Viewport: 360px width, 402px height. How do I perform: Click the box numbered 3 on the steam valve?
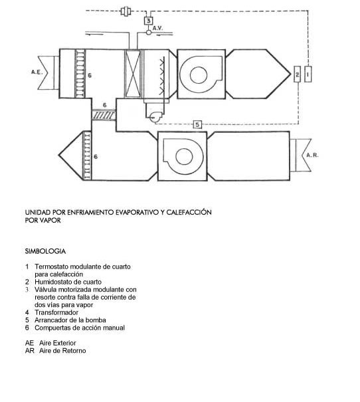pyautogui.click(x=148, y=21)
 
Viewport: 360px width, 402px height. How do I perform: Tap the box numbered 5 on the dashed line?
pyautogui.click(x=197, y=124)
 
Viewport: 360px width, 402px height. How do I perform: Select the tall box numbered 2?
pyautogui.click(x=297, y=74)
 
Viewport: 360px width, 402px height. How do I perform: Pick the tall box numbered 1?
pyautogui.click(x=308, y=74)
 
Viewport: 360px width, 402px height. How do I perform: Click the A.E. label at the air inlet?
pyautogui.click(x=37, y=72)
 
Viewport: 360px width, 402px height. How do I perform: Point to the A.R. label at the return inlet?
pyautogui.click(x=312, y=155)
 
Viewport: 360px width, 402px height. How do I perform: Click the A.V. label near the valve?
pyautogui.click(x=158, y=28)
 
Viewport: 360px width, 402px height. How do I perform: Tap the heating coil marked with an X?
pyautogui.click(x=133, y=74)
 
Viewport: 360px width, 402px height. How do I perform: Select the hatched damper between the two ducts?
pyautogui.click(x=104, y=114)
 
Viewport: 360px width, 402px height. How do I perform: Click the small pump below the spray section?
pyautogui.click(x=155, y=117)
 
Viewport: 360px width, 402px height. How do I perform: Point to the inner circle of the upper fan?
pyautogui.click(x=199, y=75)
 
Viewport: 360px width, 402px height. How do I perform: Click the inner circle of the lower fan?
pyautogui.click(x=184, y=156)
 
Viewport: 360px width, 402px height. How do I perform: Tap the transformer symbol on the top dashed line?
pyautogui.click(x=126, y=11)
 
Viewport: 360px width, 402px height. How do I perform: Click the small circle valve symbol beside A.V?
pyautogui.click(x=149, y=33)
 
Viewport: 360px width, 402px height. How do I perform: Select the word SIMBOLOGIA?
pyautogui.click(x=45, y=251)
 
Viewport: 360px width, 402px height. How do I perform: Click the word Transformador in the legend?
pyautogui.click(x=56, y=312)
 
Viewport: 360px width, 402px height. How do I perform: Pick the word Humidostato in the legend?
pyautogui.click(x=53, y=282)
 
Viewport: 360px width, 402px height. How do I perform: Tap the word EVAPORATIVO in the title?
pyautogui.click(x=137, y=212)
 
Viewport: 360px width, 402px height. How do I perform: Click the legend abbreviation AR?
pyautogui.click(x=30, y=351)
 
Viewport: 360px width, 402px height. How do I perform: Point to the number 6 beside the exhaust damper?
pyautogui.click(x=96, y=157)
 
